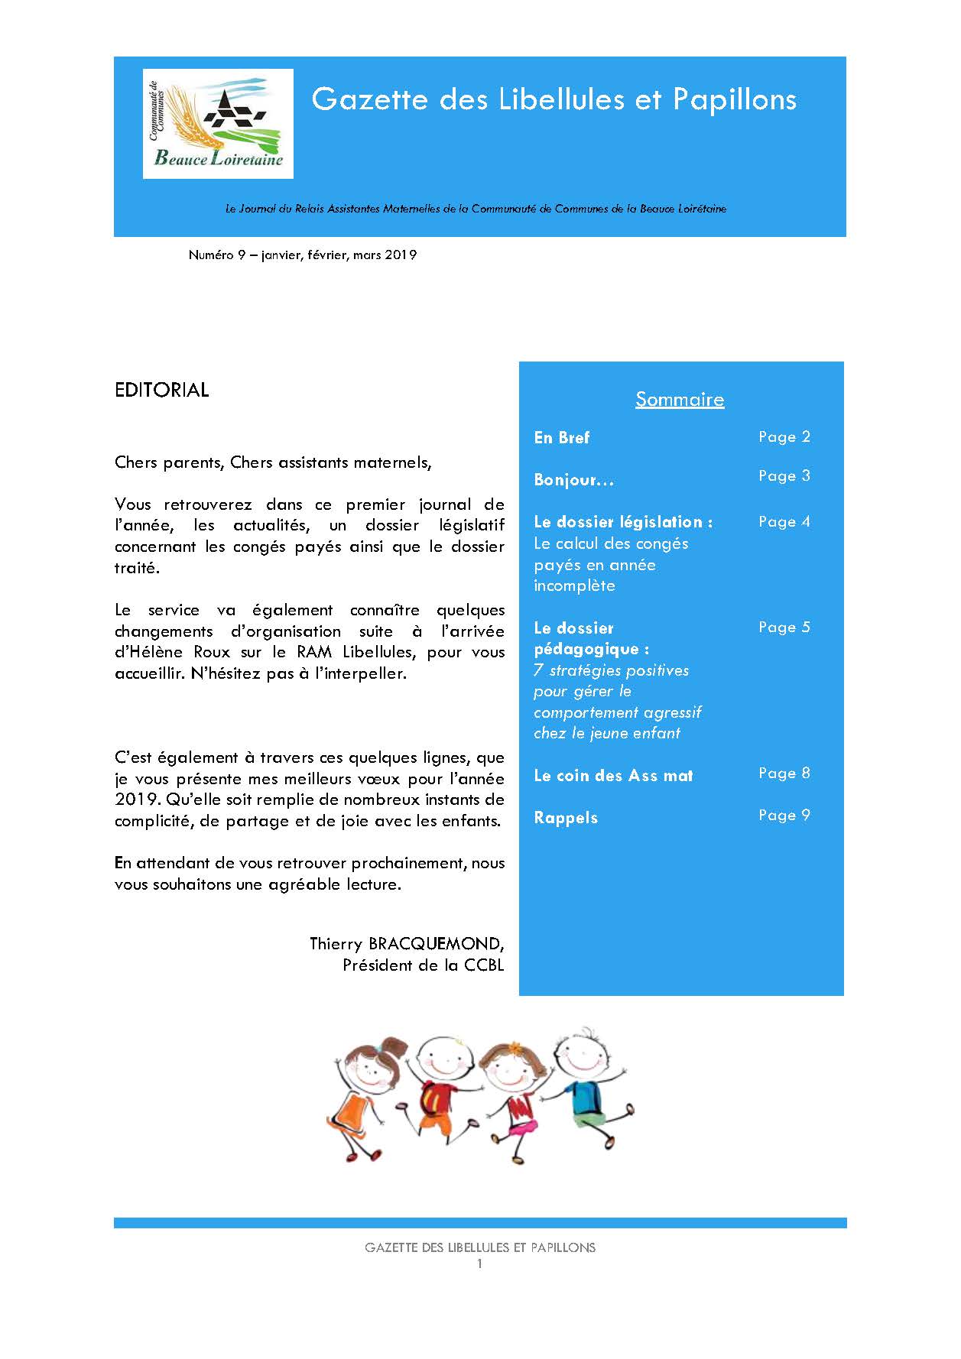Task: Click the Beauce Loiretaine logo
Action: [218, 124]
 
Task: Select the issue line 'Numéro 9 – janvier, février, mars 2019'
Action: [302, 255]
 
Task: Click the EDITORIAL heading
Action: [161, 390]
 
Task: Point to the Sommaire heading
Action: [680, 399]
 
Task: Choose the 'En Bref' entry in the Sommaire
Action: [562, 438]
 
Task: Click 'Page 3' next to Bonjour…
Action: [784, 476]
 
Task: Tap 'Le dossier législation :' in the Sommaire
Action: [623, 522]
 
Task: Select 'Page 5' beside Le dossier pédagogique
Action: [784, 628]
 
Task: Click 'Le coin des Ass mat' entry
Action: [613, 776]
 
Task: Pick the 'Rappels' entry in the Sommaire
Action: [566, 818]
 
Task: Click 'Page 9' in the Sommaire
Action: [784, 816]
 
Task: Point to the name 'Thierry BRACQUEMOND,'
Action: [407, 944]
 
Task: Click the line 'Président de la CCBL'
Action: [423, 965]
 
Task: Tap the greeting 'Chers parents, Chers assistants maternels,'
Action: [273, 462]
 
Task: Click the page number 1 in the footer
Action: [480, 1264]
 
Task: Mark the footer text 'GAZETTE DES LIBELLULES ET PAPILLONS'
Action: [480, 1247]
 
